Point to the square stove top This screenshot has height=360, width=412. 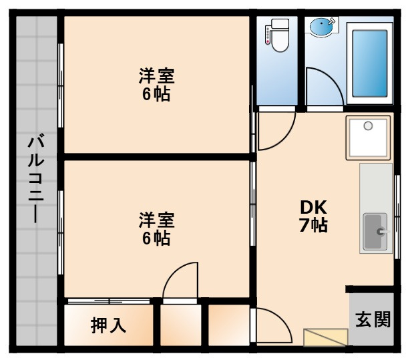coord(368,137)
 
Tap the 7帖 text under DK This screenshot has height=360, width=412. coord(313,225)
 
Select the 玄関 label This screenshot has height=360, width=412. coord(373,320)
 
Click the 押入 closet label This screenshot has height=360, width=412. coord(108,325)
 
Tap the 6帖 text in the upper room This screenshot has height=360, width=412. coord(156,94)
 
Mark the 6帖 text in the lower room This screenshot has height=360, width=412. coord(156,237)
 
